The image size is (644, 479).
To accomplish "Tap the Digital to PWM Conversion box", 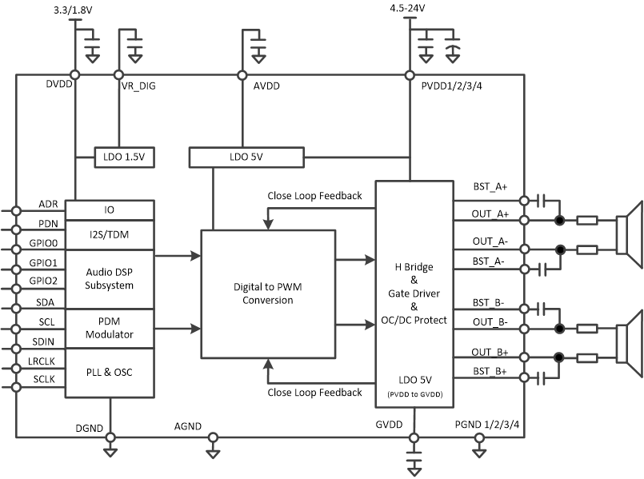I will pyautogui.click(x=267, y=294).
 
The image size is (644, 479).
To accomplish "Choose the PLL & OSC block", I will pyautogui.click(x=109, y=373).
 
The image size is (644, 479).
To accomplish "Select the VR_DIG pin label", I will pyautogui.click(x=138, y=86).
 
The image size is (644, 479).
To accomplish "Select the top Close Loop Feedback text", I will pyautogui.click(x=314, y=196).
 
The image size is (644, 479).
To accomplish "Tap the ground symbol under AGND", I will pyautogui.click(x=213, y=453).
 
